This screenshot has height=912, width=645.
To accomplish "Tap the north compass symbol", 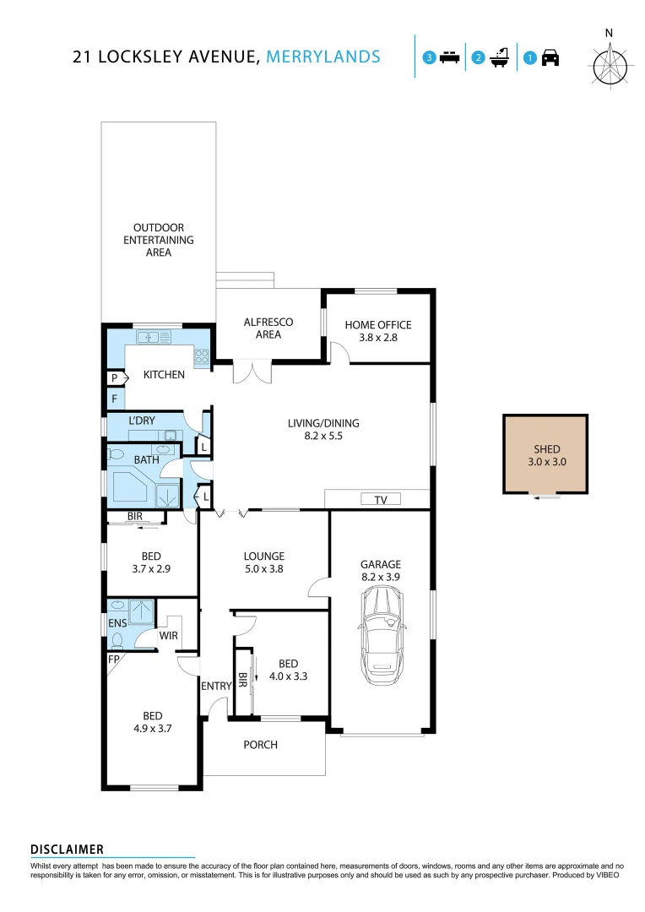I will [610, 64].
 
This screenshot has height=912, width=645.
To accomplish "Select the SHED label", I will [546, 449].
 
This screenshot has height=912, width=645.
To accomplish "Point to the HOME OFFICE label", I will [378, 324].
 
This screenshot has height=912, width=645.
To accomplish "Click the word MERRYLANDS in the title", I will [323, 57].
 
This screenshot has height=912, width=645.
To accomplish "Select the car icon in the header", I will [550, 58].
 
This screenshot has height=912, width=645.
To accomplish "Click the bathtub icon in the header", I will [499, 58].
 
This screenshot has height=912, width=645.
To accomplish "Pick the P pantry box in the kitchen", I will [114, 379].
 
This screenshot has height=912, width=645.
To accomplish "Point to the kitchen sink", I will [153, 337].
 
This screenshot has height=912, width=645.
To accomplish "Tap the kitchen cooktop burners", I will [202, 356].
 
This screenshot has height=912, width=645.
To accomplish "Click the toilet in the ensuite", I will [117, 641].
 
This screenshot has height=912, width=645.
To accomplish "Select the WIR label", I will [168, 635].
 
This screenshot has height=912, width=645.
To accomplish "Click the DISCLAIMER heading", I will [67, 849].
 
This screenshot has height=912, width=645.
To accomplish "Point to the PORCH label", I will [260, 744].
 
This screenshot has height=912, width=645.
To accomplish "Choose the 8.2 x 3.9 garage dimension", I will [381, 578].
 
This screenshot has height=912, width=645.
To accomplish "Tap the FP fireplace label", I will [113, 659].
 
